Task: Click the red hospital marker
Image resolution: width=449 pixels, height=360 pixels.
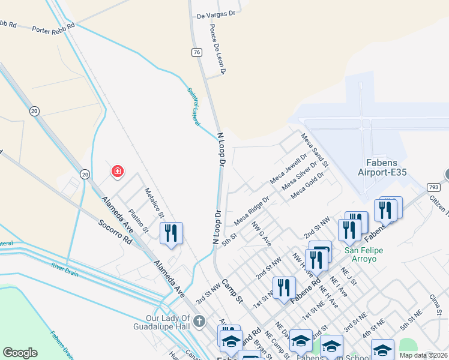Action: coord(117,172)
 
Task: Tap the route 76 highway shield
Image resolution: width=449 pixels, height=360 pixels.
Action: coord(196,53)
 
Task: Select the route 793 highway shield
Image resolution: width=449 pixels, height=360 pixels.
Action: coord(433,187)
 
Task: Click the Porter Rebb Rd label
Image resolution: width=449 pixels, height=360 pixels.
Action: coord(54,28)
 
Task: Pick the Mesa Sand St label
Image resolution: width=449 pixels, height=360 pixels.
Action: coord(315,151)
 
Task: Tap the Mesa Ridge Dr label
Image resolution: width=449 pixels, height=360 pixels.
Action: coord(251,211)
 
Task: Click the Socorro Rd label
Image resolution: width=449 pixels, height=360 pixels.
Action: coord(115,231)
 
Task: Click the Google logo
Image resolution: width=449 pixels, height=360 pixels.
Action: coord(20,353)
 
